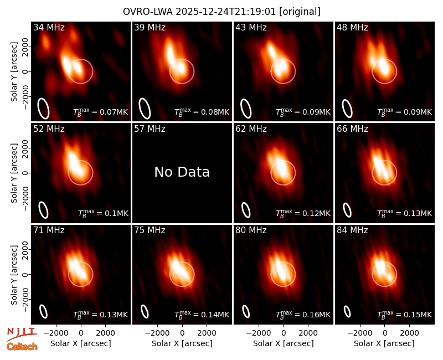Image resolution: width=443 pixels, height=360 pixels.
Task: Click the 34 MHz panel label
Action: pos(49,27)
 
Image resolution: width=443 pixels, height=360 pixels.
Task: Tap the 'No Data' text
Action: pos(182,172)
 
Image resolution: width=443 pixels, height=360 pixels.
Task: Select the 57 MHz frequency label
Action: pos(150,129)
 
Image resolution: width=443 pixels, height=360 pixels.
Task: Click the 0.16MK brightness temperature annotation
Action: pos(303,315)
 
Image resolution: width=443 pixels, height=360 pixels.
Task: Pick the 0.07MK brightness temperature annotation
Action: pos(101,112)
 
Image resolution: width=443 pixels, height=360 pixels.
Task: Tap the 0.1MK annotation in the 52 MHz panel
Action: pos(103,213)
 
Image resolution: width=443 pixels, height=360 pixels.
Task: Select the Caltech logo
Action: pos(22,347)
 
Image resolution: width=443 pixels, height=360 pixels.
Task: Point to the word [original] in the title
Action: pos(300,12)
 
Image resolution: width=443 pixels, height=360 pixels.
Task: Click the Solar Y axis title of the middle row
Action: pos(14,173)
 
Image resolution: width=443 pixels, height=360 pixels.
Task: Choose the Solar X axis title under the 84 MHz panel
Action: pos(384,343)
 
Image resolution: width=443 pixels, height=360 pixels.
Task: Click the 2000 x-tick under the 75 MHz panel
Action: pos(207,333)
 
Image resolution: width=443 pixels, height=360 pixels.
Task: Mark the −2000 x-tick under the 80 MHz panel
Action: pos(256,333)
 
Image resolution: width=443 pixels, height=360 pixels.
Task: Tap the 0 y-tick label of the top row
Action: pos(25,71)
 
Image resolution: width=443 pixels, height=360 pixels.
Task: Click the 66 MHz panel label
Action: pos(352,129)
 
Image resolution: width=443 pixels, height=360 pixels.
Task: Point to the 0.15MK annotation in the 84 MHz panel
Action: pos(405,315)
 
